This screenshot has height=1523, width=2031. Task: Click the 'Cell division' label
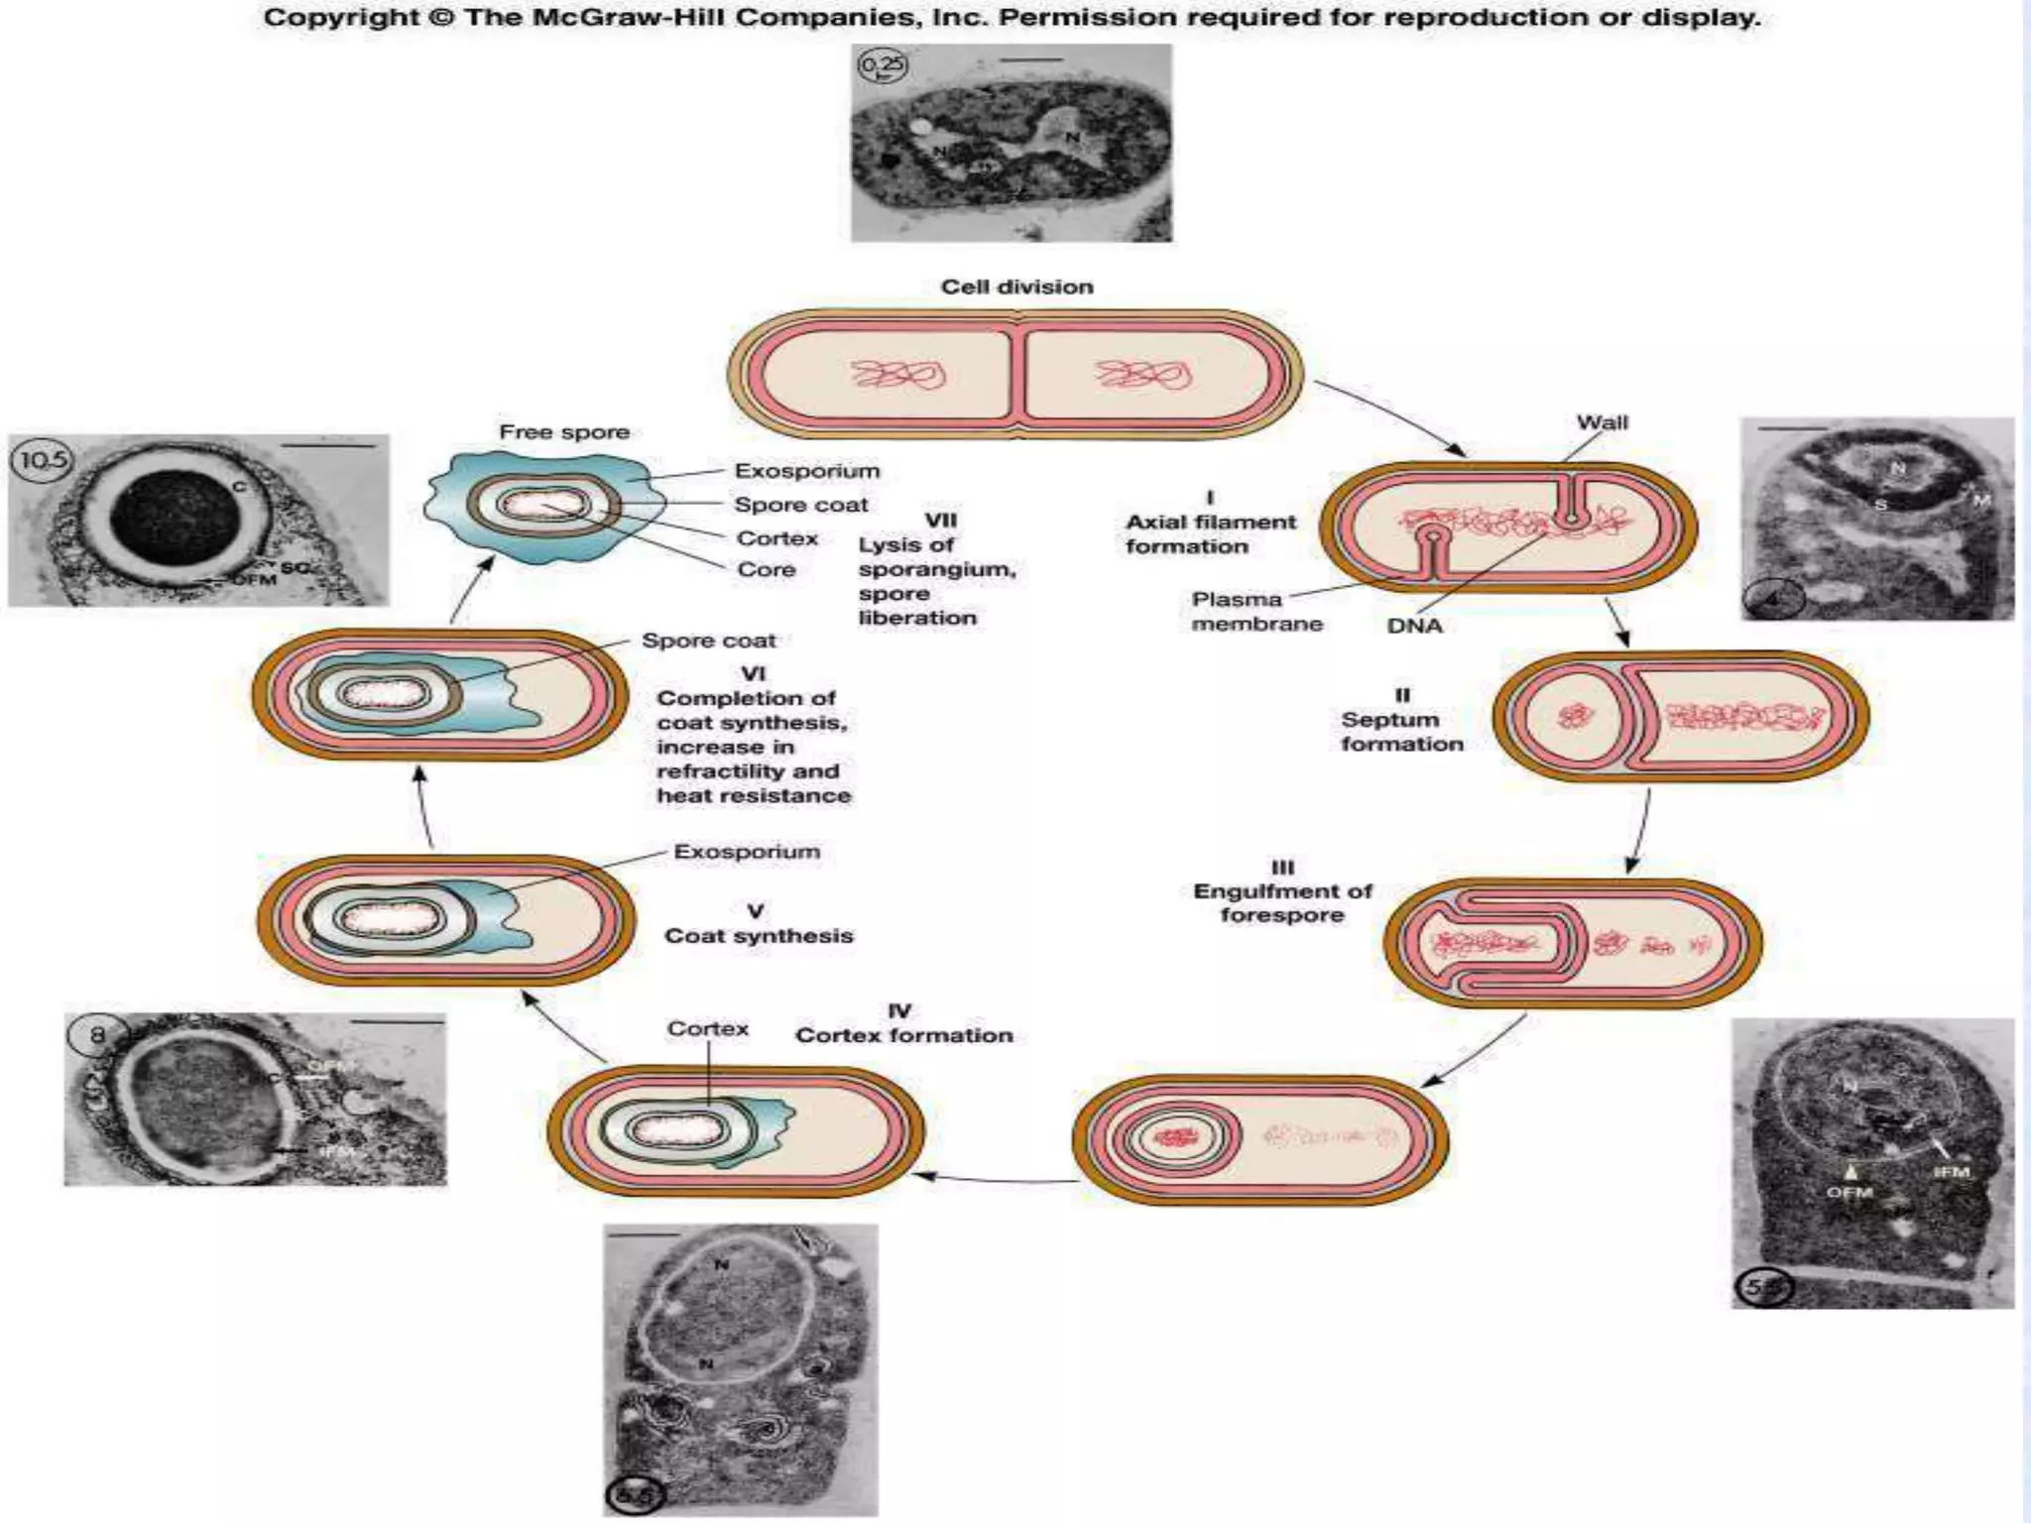[x=1016, y=288]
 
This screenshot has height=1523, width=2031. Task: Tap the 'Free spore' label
[x=563, y=432]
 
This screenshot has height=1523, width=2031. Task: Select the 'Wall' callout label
[x=1602, y=422]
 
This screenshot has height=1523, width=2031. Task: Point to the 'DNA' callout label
[x=1414, y=626]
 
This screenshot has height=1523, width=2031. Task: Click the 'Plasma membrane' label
[x=1256, y=612]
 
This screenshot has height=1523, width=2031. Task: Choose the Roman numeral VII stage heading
[x=940, y=520]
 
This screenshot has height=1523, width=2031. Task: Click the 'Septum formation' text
[x=1401, y=732]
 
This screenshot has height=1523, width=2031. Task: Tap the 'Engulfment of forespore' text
[x=1282, y=902]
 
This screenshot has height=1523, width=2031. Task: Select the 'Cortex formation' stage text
[x=903, y=1035]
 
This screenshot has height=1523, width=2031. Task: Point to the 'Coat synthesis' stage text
[x=759, y=936]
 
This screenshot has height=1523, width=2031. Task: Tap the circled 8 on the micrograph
[x=97, y=1036]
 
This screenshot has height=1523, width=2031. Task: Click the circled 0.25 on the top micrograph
[x=882, y=65]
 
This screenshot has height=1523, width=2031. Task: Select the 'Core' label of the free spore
[x=766, y=570]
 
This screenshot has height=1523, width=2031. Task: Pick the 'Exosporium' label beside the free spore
[x=806, y=471]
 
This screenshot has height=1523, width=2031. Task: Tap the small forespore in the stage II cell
[x=1575, y=715]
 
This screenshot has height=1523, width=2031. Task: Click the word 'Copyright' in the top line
[x=338, y=18]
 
